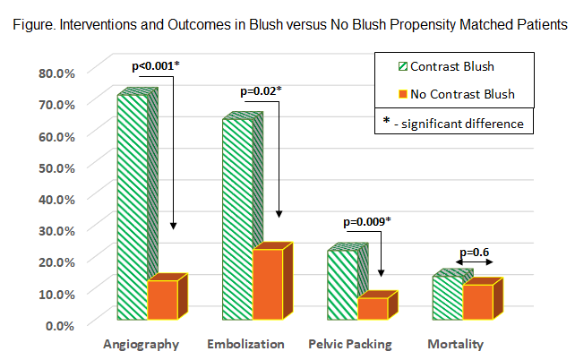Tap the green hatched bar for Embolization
pyautogui.click(x=236, y=219)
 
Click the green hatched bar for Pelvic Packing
pyautogui.click(x=342, y=284)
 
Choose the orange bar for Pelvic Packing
pyautogui.click(x=372, y=307)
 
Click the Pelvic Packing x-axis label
pyautogui.click(x=349, y=344)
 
